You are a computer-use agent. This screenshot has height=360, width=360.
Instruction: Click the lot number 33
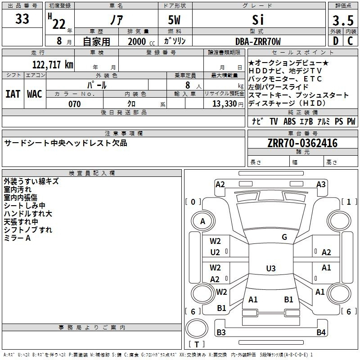tap(22, 19)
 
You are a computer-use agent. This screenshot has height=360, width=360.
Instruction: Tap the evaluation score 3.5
tap(342, 21)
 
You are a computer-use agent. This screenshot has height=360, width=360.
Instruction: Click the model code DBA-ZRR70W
tap(258, 41)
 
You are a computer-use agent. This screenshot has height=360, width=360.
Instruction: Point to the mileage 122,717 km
tap(53, 64)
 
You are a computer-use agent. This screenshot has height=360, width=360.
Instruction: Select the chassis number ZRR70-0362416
tap(302, 143)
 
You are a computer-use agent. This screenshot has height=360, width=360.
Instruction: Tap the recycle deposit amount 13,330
tap(224, 104)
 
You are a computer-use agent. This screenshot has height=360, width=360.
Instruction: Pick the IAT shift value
tap(13, 94)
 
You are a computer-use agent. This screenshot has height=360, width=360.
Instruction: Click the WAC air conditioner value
tap(35, 94)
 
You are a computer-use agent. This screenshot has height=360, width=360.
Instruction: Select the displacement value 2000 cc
tap(137, 41)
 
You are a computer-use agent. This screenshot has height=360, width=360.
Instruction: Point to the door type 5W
tap(175, 20)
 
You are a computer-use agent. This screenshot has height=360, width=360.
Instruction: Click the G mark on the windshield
tap(284, 237)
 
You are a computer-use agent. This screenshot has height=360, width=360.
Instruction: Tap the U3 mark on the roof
tap(270, 269)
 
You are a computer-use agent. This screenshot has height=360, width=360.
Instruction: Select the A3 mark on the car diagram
tap(321, 184)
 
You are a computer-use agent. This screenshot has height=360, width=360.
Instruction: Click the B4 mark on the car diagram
tap(321, 333)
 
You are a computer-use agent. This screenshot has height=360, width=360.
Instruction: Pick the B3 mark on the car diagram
tap(221, 333)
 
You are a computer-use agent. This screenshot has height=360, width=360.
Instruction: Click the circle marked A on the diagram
tap(203, 221)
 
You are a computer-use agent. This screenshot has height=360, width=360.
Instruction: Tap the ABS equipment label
tap(289, 121)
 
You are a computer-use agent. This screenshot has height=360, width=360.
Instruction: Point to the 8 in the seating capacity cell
tap(185, 85)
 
